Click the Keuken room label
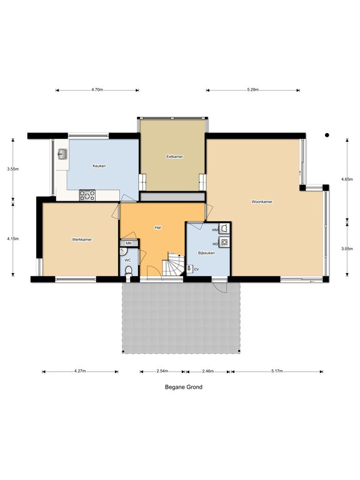tap(99, 166)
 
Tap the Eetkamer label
tap(174, 156)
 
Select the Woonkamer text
tap(262, 202)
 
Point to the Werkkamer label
tap(82, 239)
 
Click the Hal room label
tap(158, 227)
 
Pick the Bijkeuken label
tap(206, 253)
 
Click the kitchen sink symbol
tap(63, 154)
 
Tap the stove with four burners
tap(87, 195)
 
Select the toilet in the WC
tap(129, 271)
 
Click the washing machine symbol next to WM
tap(224, 228)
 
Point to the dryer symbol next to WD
tap(225, 242)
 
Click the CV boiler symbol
tap(189, 269)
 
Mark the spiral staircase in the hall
tap(173, 264)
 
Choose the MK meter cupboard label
tap(129, 243)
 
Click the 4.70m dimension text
tap(97, 90)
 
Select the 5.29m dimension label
tap(253, 90)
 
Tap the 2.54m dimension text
tap(162, 371)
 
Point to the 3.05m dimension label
tap(347, 249)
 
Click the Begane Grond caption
tap(184, 387)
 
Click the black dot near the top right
tap(327, 135)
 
